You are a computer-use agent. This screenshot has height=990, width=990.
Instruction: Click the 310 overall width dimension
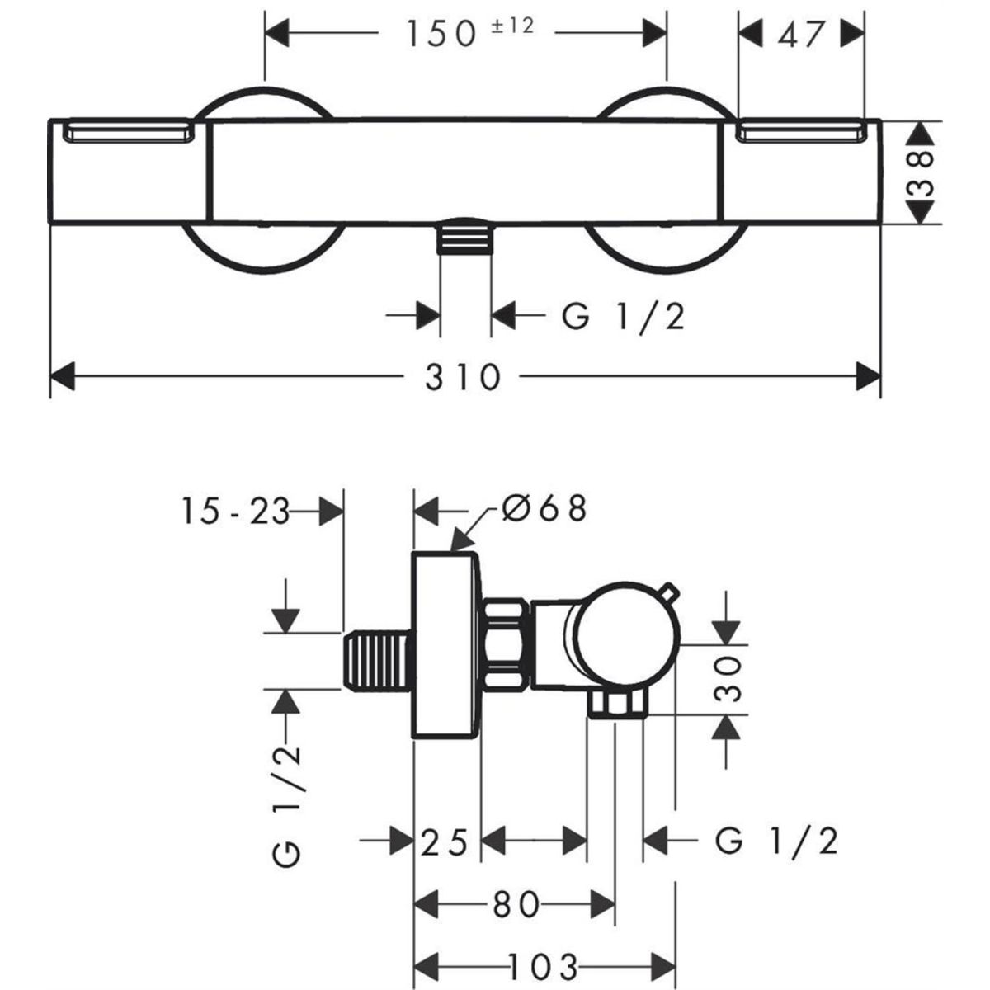click(x=463, y=378)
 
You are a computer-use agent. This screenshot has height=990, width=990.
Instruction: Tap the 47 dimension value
click(x=800, y=34)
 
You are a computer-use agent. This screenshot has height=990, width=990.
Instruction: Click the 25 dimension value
click(x=445, y=843)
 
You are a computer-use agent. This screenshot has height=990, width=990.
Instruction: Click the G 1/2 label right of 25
click(x=776, y=842)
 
